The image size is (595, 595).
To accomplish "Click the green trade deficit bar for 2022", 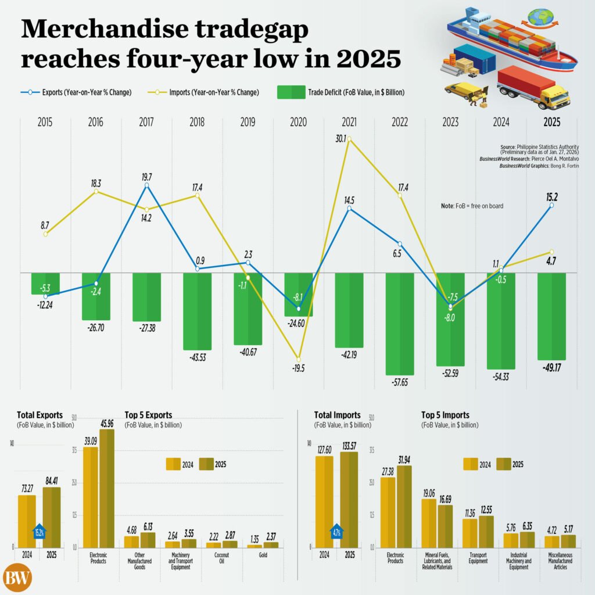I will pos(399,322).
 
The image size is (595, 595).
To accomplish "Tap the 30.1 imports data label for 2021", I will pos(341,138).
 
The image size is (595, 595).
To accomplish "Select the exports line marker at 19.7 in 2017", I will pos(146,185).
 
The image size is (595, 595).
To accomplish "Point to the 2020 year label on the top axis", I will pos(298,123).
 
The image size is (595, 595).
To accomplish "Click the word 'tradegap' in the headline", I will pos(251,29).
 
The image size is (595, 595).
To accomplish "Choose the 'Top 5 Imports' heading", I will pos(445,415).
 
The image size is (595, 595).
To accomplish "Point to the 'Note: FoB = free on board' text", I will pos(471,206).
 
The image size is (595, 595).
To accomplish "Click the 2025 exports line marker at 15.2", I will pos(551,205).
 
